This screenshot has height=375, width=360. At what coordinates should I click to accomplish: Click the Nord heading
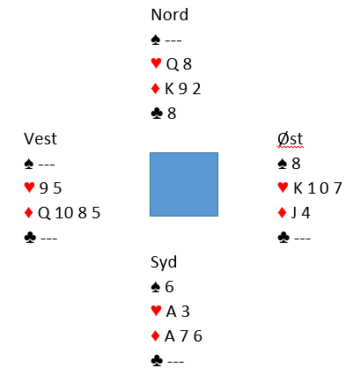[x=169, y=15]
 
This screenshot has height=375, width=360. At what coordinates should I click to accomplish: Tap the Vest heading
[x=40, y=139]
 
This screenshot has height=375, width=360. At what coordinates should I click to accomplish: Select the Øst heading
[x=290, y=139]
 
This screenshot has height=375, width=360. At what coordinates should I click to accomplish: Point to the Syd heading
[x=164, y=262]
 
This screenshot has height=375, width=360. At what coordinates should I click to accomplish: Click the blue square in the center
[x=184, y=184]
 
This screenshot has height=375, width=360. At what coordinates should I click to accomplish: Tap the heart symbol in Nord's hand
[x=156, y=63]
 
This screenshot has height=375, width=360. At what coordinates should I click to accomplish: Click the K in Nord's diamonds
[x=169, y=89]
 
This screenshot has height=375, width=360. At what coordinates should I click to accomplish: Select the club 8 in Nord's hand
[x=172, y=114]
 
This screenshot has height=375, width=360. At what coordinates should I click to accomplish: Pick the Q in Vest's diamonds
[x=44, y=213]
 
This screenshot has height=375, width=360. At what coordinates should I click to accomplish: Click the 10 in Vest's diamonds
[x=64, y=213]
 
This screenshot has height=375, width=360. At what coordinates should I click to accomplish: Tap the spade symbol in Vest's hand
[x=29, y=164]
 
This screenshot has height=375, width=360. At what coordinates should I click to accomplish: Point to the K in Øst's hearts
[x=298, y=188]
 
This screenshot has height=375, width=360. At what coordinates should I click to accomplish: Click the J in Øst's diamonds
[x=294, y=213]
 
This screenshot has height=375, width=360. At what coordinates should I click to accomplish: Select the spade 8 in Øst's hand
[x=296, y=164]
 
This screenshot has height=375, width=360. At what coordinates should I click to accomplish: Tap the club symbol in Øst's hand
[x=283, y=238]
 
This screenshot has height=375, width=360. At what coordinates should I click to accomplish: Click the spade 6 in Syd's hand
[x=169, y=287]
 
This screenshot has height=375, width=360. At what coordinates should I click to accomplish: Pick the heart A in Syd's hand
[x=171, y=312]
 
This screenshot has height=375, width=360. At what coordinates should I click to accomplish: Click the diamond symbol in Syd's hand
[x=155, y=335]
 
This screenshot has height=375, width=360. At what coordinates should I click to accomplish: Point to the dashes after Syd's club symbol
[x=175, y=361]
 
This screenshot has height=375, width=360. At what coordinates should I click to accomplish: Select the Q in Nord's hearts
[x=173, y=64]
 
